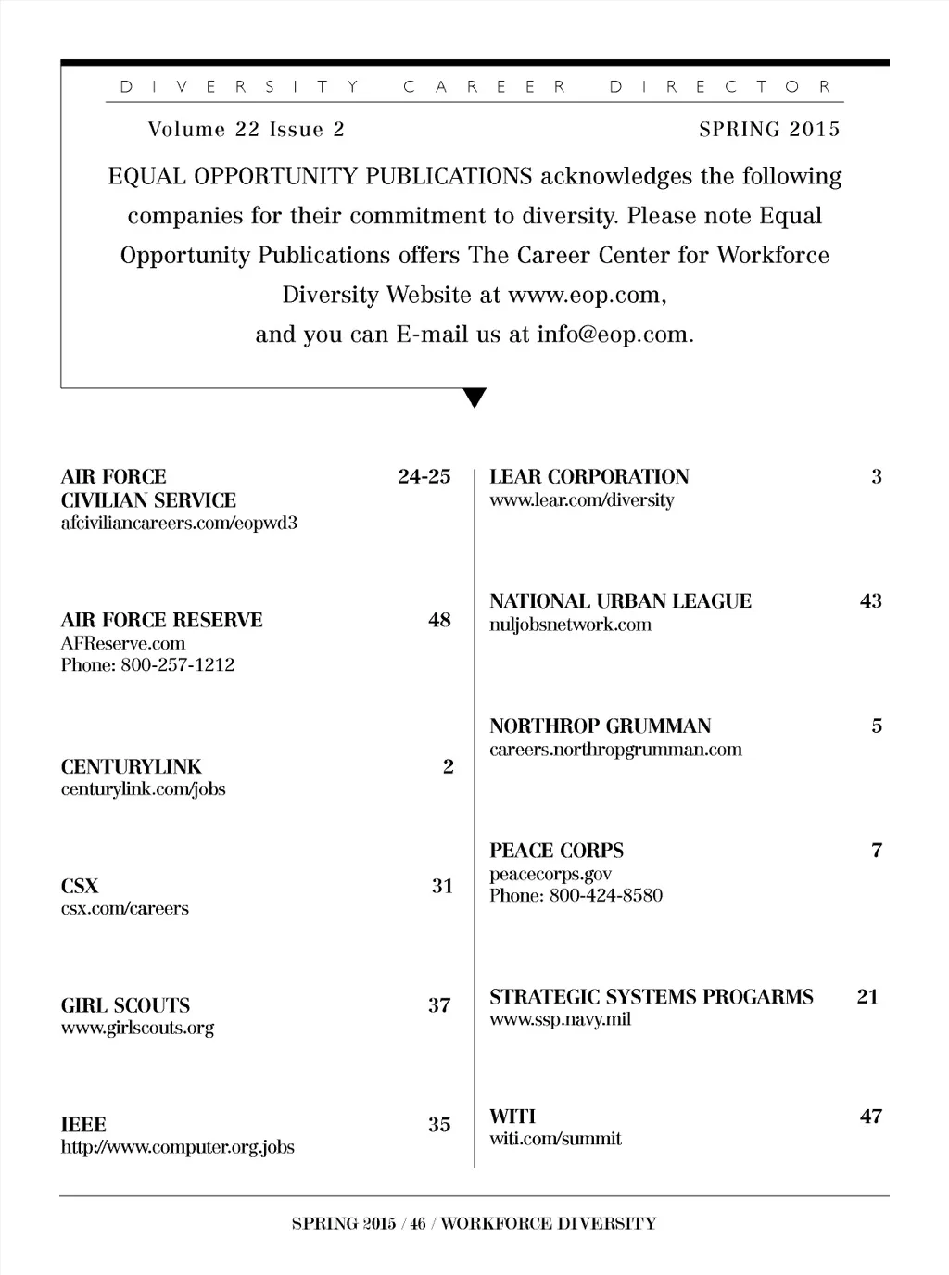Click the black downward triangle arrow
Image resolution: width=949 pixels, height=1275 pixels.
point(474,398)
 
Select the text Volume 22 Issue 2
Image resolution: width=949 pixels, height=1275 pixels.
point(246,130)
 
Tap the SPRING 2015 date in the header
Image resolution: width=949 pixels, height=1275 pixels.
point(769,130)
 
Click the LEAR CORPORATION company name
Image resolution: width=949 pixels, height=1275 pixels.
point(589,477)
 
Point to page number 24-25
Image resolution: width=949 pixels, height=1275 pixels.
point(424,477)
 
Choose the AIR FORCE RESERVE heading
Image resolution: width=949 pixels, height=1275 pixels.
point(162,620)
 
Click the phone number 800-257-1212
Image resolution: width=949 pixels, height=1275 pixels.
point(177,665)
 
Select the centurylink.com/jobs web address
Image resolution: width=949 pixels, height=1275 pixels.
point(144,789)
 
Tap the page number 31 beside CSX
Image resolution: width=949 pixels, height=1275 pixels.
point(442,886)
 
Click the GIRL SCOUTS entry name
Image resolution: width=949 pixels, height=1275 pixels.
point(125,1005)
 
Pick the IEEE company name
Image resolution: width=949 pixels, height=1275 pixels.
point(83,1125)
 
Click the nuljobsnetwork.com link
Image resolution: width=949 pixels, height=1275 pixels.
point(571,625)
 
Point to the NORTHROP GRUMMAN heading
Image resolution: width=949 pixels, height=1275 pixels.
point(601,726)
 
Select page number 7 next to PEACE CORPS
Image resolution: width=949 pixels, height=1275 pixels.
point(877,851)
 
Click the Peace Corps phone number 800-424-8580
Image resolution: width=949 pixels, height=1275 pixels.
point(606,896)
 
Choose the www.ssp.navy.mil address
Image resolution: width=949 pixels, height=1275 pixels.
point(561,1020)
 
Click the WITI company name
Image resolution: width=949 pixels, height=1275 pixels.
point(512,1117)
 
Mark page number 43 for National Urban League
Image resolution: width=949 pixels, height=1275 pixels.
point(871,601)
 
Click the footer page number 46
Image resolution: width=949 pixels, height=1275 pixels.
point(418,1224)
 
